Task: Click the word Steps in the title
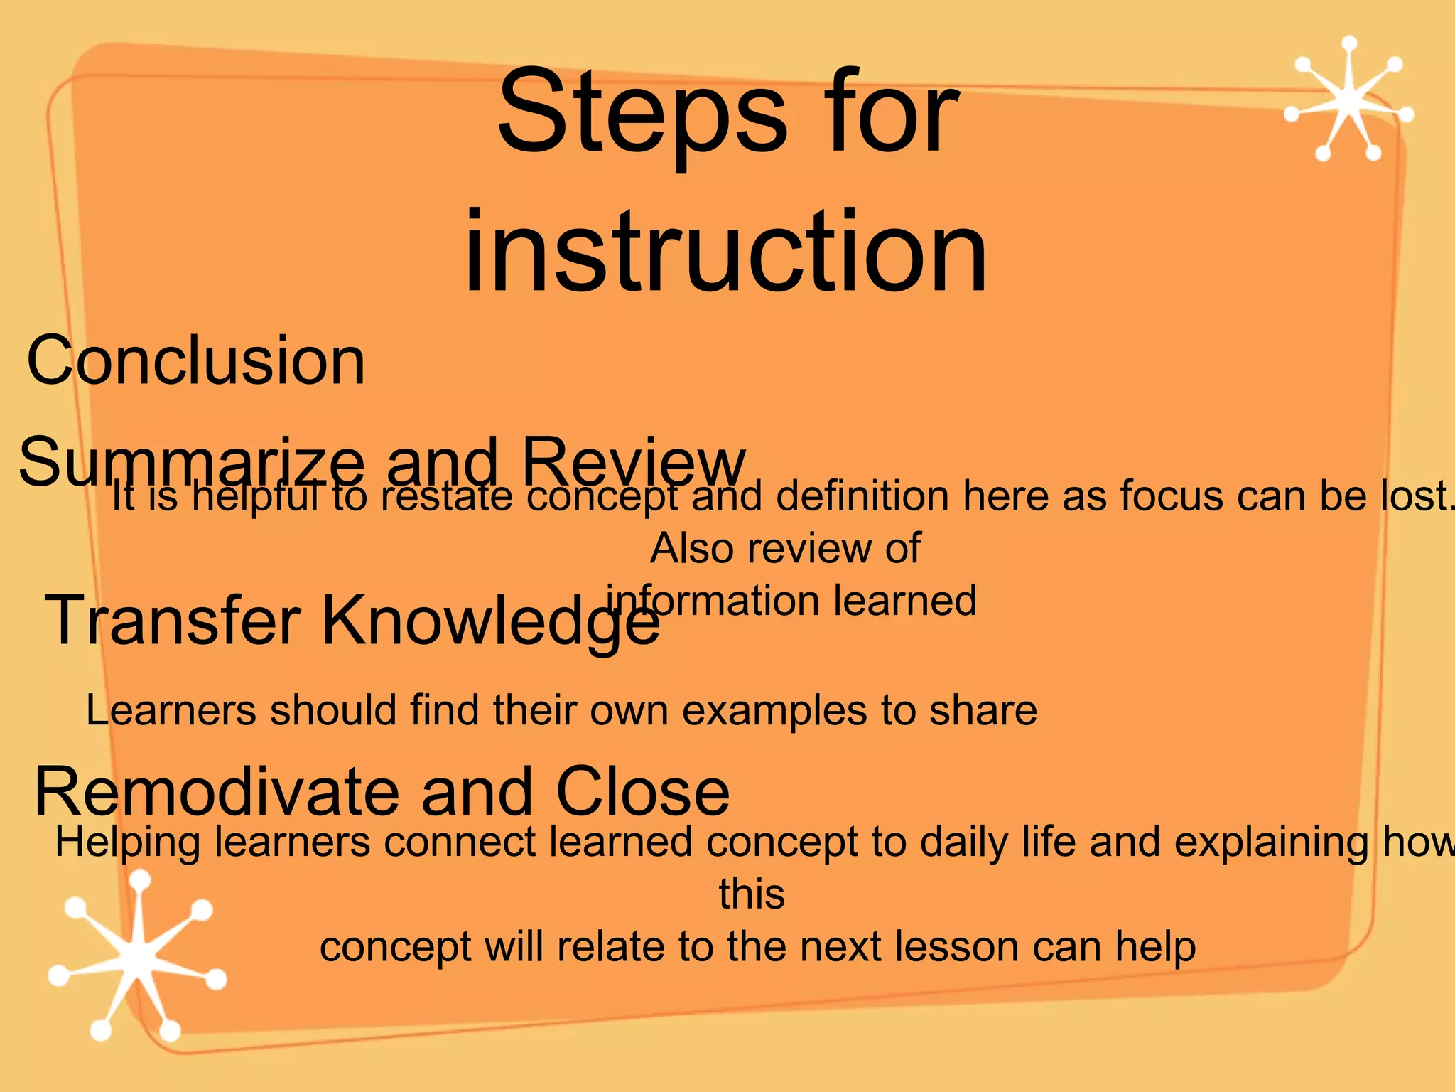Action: pyautogui.click(x=642, y=114)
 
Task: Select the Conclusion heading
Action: pyautogui.click(x=195, y=360)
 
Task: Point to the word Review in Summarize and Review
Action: pyautogui.click(x=632, y=462)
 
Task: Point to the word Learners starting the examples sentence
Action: pyautogui.click(x=171, y=710)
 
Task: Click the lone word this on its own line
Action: pyautogui.click(x=752, y=894)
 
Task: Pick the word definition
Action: pyautogui.click(x=862, y=496)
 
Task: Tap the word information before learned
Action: pyautogui.click(x=713, y=601)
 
